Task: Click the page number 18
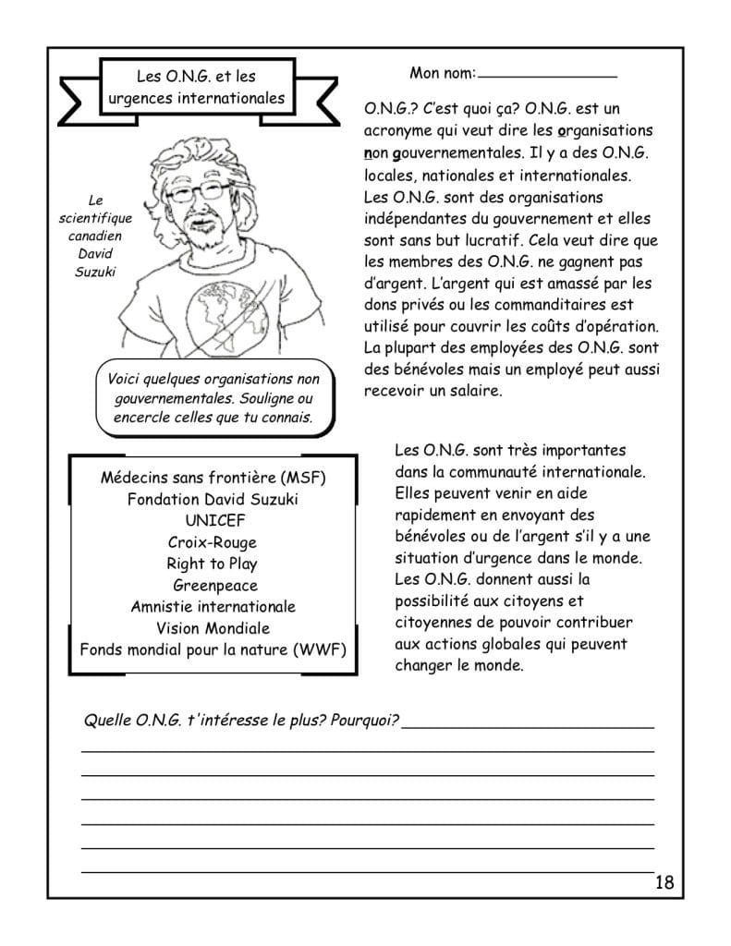point(664,881)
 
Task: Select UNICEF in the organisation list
point(214,521)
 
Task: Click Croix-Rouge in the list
point(213,542)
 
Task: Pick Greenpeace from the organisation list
point(215,586)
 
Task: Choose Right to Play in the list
point(213,564)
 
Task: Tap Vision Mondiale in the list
point(213,628)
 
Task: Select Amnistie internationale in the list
point(213,607)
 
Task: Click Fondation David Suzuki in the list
point(213,500)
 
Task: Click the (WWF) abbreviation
point(319,649)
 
